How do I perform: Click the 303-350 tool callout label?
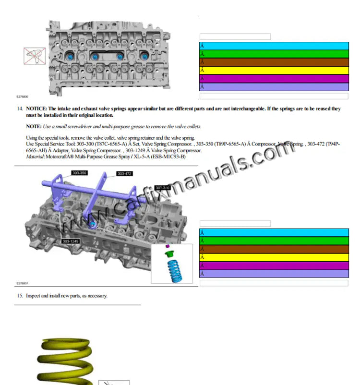pyautogui.click(x=80, y=172)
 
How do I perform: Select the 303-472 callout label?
pyautogui.click(x=124, y=173)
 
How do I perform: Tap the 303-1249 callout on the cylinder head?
pyautogui.click(x=70, y=241)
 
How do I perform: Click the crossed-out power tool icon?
pyautogui.click(x=35, y=57)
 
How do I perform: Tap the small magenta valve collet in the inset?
pyautogui.click(x=168, y=247)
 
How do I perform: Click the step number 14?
pyautogui.click(x=20, y=109)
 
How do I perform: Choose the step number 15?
pyautogui.click(x=20, y=296)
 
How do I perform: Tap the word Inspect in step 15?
pyautogui.click(x=33, y=296)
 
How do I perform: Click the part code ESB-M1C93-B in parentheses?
pyautogui.click(x=169, y=156)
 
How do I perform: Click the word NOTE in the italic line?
pyautogui.click(x=33, y=126)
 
